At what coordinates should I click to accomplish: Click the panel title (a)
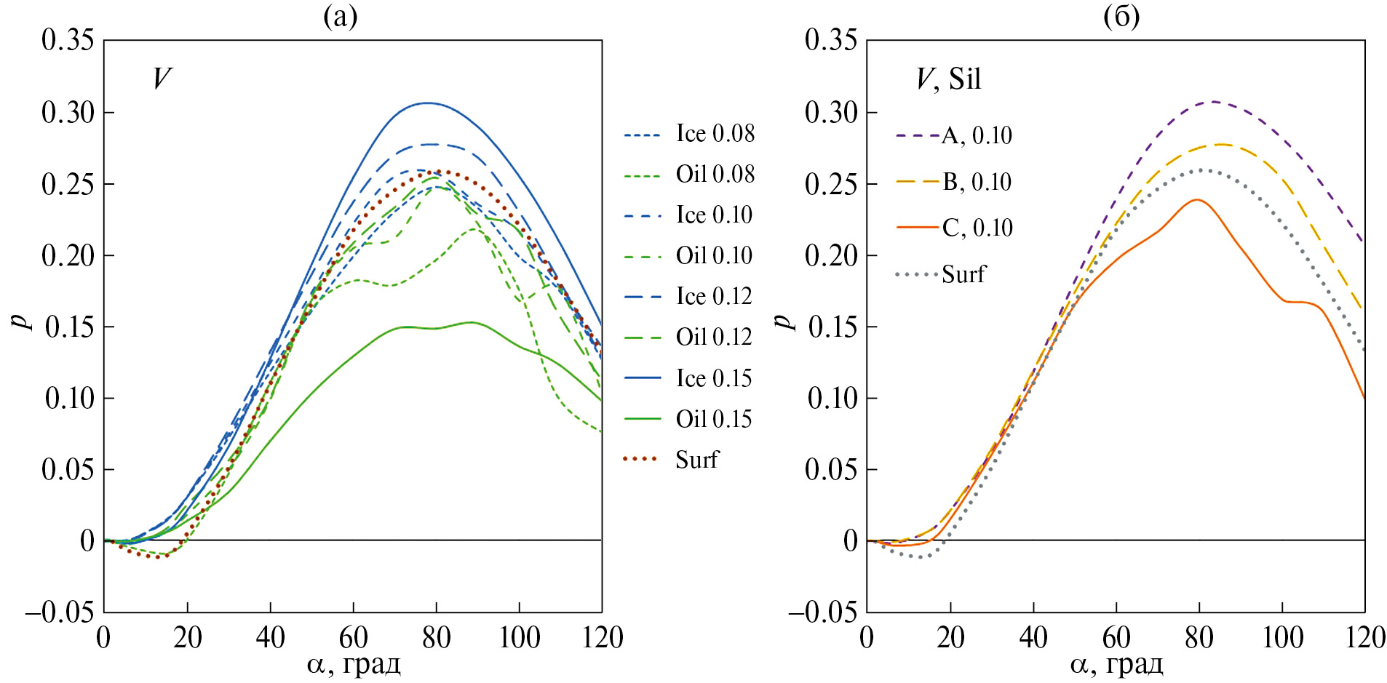point(341,16)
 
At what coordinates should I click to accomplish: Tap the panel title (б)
point(1121,16)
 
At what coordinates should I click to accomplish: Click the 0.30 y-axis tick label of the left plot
point(68,113)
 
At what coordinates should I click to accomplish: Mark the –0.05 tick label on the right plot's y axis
point(823,612)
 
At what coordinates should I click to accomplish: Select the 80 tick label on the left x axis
point(436,638)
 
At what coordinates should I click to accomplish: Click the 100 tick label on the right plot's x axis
point(1282,638)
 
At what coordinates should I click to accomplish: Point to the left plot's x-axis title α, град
point(354,664)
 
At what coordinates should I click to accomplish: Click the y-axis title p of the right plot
point(784,321)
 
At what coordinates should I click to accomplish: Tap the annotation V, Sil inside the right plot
point(948,79)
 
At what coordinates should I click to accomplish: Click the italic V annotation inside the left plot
point(162,79)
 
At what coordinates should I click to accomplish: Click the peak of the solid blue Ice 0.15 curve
point(428,103)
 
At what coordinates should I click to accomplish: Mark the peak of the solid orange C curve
point(1196,199)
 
